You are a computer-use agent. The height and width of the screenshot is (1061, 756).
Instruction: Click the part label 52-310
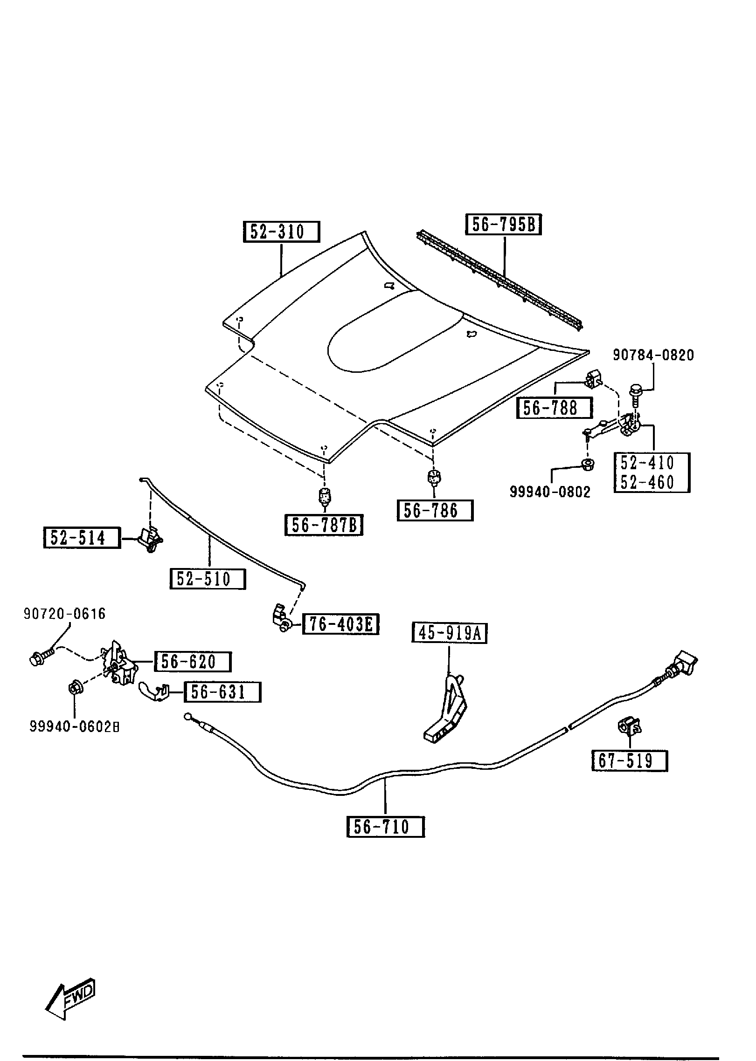pyautogui.click(x=281, y=232)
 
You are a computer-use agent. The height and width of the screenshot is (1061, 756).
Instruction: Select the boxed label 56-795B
pyautogui.click(x=503, y=225)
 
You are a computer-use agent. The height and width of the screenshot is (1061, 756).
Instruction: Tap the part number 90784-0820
pyautogui.click(x=653, y=355)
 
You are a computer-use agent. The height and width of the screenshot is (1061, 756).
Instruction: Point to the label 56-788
pyautogui.click(x=554, y=408)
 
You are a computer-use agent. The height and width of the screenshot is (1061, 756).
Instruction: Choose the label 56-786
pyautogui.click(x=435, y=511)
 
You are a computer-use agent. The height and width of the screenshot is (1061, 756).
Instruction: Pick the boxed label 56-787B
pyautogui.click(x=324, y=525)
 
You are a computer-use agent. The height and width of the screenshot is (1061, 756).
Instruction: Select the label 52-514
pyautogui.click(x=82, y=538)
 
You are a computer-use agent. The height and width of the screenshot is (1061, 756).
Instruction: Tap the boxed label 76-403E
pyautogui.click(x=340, y=624)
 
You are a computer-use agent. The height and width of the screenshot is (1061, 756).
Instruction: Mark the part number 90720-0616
pyautogui.click(x=65, y=614)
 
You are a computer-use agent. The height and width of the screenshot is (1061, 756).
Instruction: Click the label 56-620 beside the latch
pyautogui.click(x=192, y=662)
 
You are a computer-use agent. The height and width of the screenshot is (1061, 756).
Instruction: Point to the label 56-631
pyautogui.click(x=222, y=692)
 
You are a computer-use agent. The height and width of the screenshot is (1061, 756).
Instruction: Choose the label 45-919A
pyautogui.click(x=449, y=633)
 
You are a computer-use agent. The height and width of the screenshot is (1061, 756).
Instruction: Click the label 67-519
pyautogui.click(x=629, y=761)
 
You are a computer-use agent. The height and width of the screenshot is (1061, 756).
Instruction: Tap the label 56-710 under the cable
pyautogui.click(x=385, y=827)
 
